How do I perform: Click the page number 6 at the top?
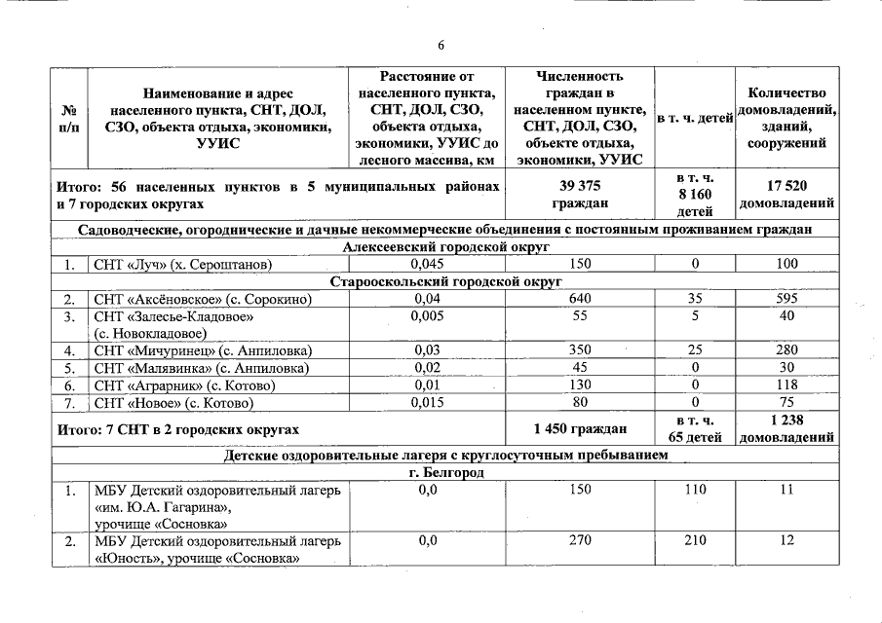(441, 46)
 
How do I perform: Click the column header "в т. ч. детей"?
(694, 119)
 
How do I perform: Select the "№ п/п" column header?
(69, 119)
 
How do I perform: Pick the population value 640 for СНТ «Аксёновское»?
(580, 299)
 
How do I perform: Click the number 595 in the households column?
(787, 299)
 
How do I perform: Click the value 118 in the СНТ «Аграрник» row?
(787, 385)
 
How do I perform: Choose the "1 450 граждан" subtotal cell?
(580, 428)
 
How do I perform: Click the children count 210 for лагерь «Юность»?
(694, 541)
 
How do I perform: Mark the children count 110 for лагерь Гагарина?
(694, 490)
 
